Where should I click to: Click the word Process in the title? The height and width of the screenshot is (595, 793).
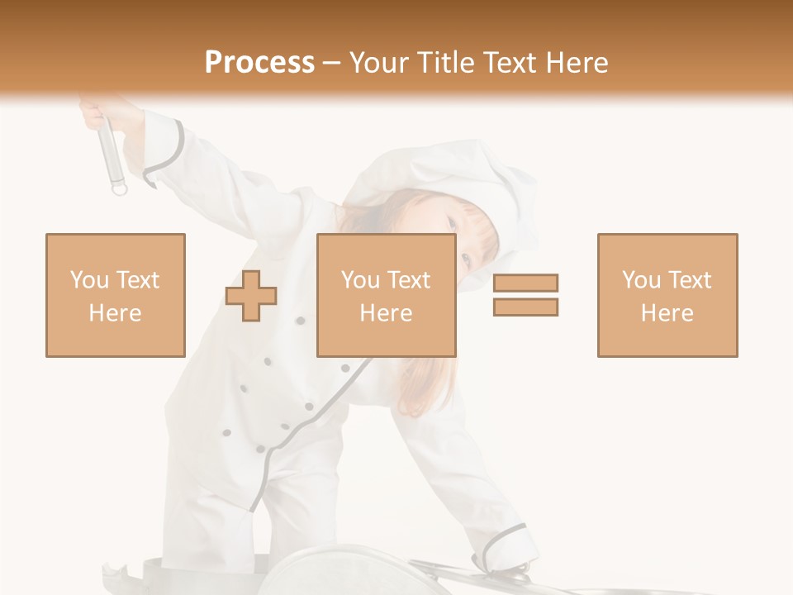[259, 63]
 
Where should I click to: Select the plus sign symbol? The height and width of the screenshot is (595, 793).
[251, 295]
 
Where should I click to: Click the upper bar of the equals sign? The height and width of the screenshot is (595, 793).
[525, 283]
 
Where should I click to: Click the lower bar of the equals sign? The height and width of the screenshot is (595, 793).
[525, 307]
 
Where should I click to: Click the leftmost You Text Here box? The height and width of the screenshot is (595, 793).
[115, 295]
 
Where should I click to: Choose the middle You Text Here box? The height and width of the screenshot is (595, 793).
[386, 295]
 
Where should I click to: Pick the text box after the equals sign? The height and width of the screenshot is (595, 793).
[667, 295]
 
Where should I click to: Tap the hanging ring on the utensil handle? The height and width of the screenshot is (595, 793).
[120, 190]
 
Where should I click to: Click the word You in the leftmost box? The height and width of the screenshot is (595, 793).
[88, 280]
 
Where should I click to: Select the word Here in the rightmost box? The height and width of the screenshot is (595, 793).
[667, 313]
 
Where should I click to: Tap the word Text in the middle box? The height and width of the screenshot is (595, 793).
[408, 280]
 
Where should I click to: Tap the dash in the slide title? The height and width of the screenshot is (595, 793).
[332, 63]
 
